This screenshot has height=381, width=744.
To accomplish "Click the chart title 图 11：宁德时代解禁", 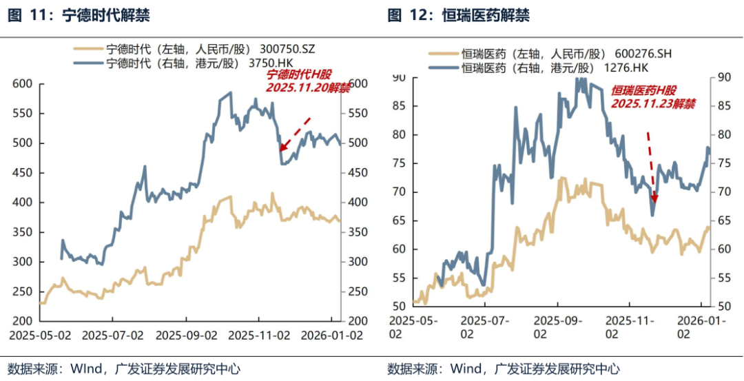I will (x=79, y=15).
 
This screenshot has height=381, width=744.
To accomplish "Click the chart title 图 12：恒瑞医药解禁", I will (x=459, y=15).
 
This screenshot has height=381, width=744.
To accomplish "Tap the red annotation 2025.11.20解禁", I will (x=308, y=88).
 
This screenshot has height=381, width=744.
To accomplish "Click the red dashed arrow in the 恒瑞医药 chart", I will (x=651, y=165).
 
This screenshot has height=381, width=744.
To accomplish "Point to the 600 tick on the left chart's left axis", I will (x=23, y=84).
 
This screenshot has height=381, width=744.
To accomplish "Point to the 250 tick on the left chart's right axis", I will (x=353, y=292).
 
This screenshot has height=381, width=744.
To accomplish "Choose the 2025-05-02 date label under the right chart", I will (x=412, y=327).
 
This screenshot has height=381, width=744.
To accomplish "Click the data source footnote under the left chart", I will (x=124, y=369).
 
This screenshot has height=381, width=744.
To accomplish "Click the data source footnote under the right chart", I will (x=504, y=369).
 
